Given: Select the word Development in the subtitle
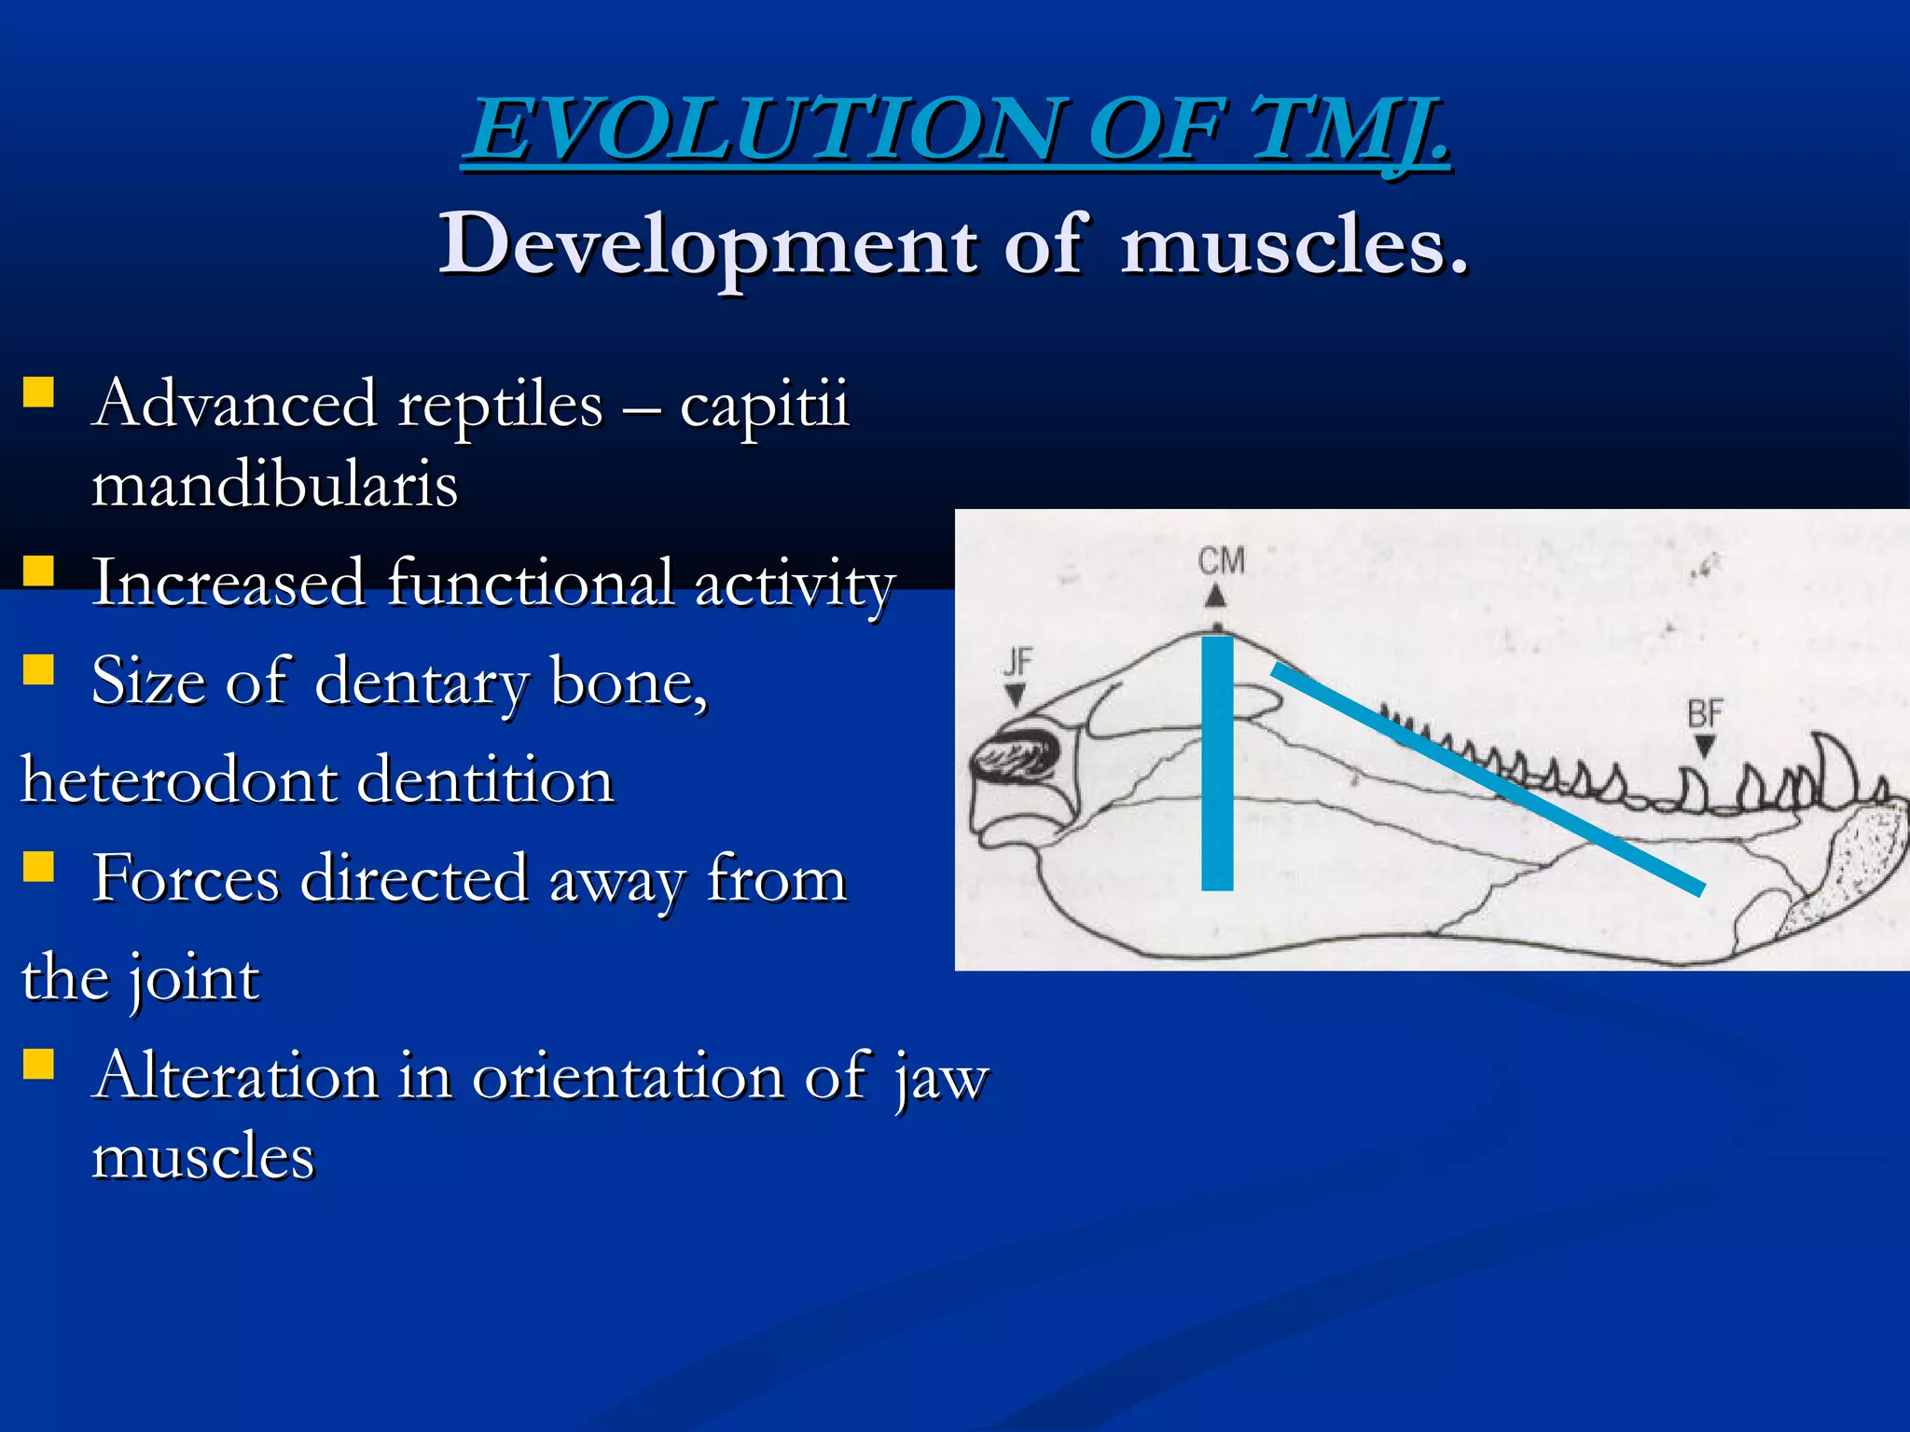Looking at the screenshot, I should pyautogui.click(x=708, y=244).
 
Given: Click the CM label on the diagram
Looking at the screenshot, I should pyautogui.click(x=1221, y=560).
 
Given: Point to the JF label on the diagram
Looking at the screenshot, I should pyautogui.click(x=1017, y=662).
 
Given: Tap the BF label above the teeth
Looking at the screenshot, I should pyautogui.click(x=1705, y=714).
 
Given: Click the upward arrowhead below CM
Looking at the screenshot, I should pyautogui.click(x=1215, y=595).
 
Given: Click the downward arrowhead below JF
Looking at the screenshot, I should pyautogui.click(x=1016, y=695).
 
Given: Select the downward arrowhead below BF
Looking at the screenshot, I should pyautogui.click(x=1705, y=746).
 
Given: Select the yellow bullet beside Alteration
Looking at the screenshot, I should pyautogui.click(x=38, y=1063).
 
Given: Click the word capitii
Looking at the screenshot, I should pyautogui.click(x=764, y=405).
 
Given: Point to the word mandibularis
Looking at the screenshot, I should pyautogui.click(x=274, y=485).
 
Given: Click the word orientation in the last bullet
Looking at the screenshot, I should pyautogui.click(x=627, y=1077).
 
